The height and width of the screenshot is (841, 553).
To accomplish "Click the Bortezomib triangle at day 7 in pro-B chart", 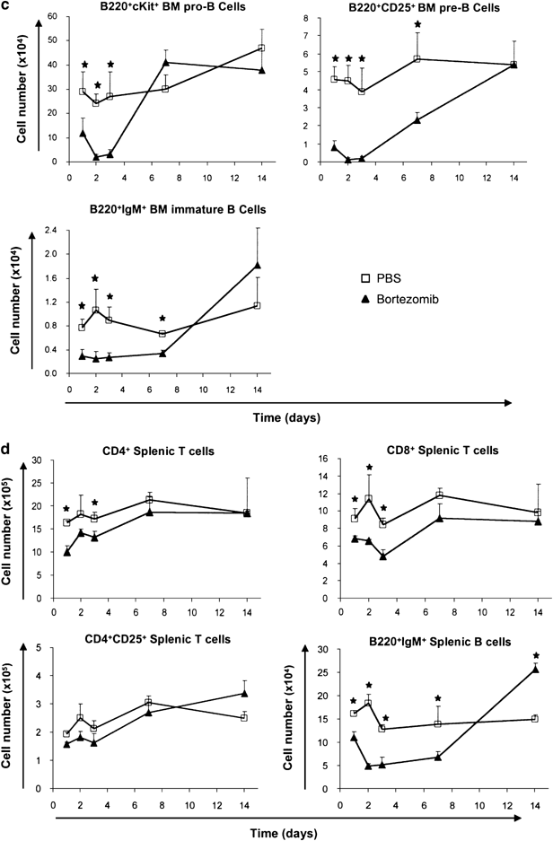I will coord(167,62).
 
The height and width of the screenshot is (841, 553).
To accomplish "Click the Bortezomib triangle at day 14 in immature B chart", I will coord(258,264).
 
